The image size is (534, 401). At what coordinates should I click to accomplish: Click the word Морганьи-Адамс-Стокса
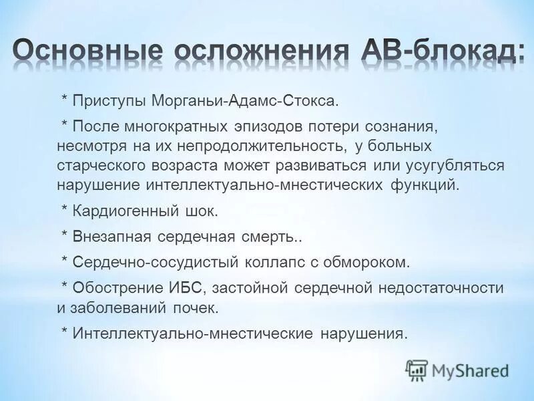pos(246,100)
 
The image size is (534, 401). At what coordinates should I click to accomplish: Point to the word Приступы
pos(109,100)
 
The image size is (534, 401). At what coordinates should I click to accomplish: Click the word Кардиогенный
pos(119,213)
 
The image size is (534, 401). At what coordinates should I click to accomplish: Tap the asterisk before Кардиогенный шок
pos(65,211)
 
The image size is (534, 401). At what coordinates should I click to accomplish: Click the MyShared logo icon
pos(417,369)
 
